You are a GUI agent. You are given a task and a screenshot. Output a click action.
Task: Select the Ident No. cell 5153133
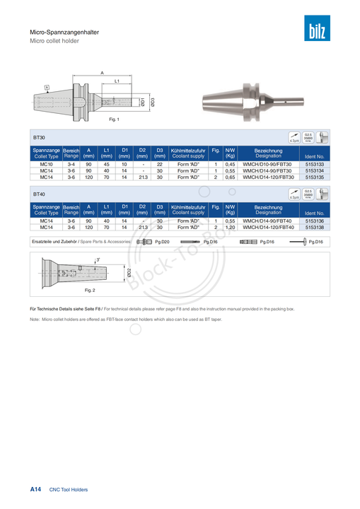coord(315,164)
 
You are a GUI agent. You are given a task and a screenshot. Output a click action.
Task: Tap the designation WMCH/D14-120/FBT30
coord(267,177)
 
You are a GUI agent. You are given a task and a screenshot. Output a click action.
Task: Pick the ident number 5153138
coord(315,228)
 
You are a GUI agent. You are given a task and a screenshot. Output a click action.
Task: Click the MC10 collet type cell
coord(47,164)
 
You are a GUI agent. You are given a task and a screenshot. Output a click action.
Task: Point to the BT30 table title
coord(39,136)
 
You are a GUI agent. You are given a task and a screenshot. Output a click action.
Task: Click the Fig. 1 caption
coord(114,119)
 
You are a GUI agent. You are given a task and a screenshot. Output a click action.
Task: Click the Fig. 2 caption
coord(90,290)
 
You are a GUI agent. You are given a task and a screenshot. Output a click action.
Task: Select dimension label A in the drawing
coord(102,74)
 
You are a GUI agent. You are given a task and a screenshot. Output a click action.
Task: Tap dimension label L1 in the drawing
coord(117,82)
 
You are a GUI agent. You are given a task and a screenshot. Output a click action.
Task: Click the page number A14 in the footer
coord(35,489)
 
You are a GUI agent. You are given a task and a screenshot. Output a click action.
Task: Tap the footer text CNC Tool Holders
coord(69,489)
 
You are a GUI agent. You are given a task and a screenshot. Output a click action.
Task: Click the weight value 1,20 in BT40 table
coord(230,228)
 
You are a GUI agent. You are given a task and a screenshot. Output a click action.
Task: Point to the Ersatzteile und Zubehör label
coord(55,242)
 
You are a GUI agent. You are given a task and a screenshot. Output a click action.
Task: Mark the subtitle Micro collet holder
coord(54,40)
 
